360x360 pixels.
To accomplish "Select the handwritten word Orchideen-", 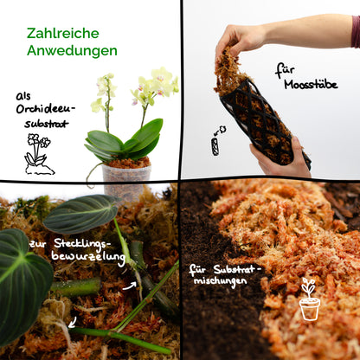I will pos(46,108).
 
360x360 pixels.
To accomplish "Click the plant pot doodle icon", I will pos(309,299).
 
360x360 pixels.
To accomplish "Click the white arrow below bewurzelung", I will pos(129,282).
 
